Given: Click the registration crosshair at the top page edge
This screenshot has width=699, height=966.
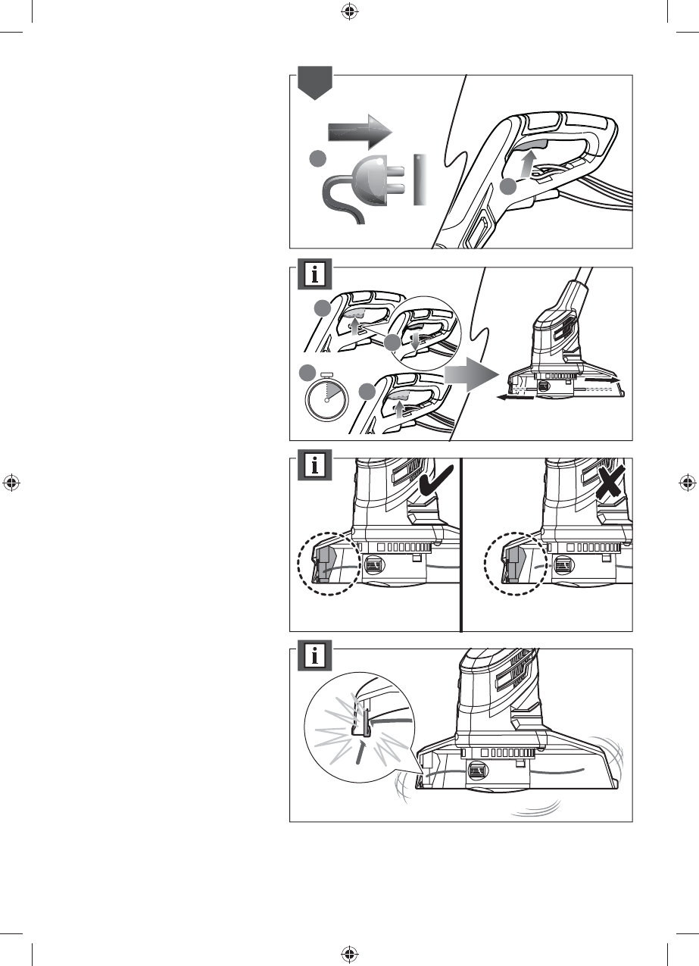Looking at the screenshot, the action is (x=349, y=11).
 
